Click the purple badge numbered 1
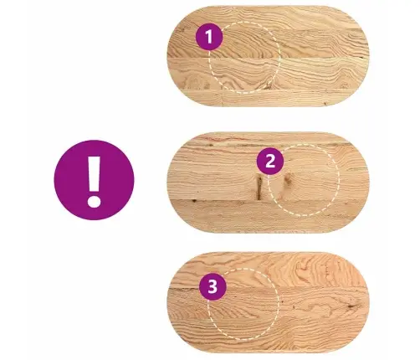pyautogui.click(x=209, y=37)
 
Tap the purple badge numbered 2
pyautogui.click(x=270, y=162)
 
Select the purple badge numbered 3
pyautogui.click(x=213, y=286)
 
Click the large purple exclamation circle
pyautogui.click(x=94, y=180)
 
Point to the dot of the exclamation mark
pyautogui.click(x=94, y=201)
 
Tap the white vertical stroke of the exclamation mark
pyautogui.click(x=95, y=173)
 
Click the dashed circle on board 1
pyautogui.click(x=279, y=57)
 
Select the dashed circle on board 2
pyautogui.click(x=340, y=180)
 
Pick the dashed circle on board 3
pyautogui.click(x=279, y=304)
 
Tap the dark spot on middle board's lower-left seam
pyautogui.click(x=193, y=200)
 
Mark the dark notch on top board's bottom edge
pyautogui.click(x=325, y=105)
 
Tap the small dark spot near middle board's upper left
pyautogui.click(x=211, y=146)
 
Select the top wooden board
pyautogui.click(x=268, y=56)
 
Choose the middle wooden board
pyautogui.click(x=268, y=183)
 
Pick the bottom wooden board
pyautogui.click(x=268, y=302)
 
